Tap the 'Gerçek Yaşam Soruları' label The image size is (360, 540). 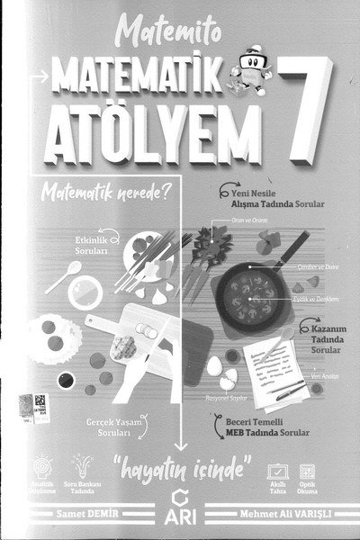pyautogui.click(x=108, y=427)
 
